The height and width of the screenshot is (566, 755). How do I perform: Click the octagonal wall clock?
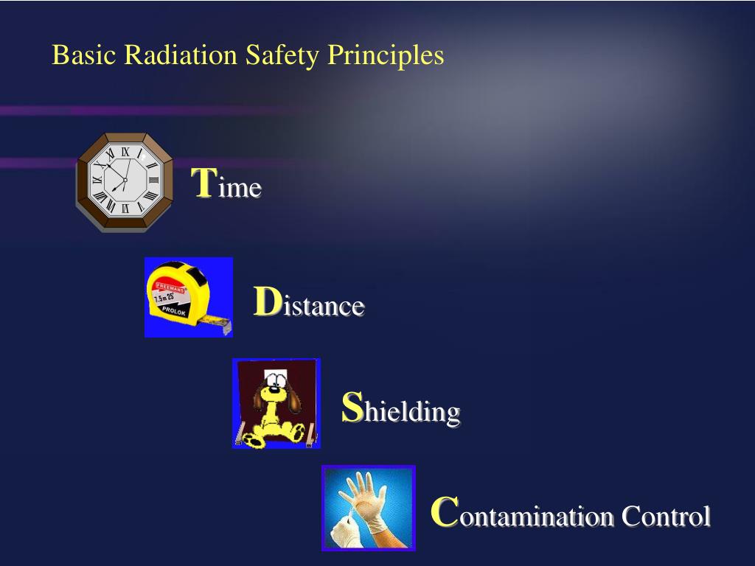coord(125,181)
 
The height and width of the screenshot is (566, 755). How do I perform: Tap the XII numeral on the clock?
coord(125,152)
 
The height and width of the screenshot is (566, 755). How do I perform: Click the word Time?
coord(226,185)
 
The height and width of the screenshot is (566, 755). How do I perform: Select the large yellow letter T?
coord(203,183)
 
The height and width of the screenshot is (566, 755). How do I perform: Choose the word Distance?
coord(309,304)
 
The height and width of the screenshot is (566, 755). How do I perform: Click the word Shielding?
coord(401,409)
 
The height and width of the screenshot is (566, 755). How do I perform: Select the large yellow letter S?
coord(353,408)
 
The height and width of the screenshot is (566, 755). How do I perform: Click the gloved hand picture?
coord(369,508)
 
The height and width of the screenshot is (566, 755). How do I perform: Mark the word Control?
coord(666,515)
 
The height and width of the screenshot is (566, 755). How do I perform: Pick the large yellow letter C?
coord(445,512)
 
